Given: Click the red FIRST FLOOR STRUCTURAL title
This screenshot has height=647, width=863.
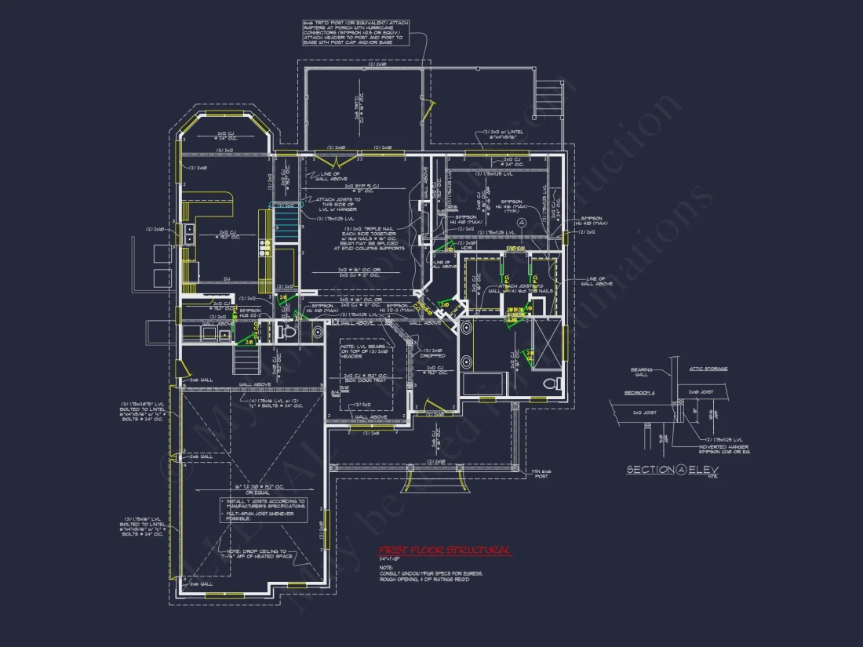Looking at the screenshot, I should [x=444, y=551].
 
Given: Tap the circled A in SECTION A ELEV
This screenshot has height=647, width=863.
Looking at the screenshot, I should [x=682, y=470].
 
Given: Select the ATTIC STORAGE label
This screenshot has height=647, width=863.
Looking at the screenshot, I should [x=708, y=369].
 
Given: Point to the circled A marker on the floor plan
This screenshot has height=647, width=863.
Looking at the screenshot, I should [x=553, y=222].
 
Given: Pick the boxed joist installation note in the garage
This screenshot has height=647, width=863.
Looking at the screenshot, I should [x=262, y=510].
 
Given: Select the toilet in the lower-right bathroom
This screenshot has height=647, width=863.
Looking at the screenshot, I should [x=552, y=383].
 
